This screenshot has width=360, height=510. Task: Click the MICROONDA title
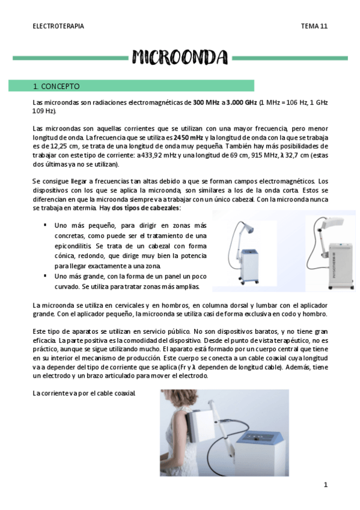[x=180, y=57]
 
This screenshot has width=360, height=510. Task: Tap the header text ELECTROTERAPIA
[x=58, y=26]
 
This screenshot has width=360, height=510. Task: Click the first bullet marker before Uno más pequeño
[x=45, y=225]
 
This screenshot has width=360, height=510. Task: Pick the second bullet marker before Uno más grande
[x=45, y=275]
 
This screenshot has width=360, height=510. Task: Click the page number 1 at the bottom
[x=325, y=485]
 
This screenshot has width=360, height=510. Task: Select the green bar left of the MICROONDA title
[x=71, y=58]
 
